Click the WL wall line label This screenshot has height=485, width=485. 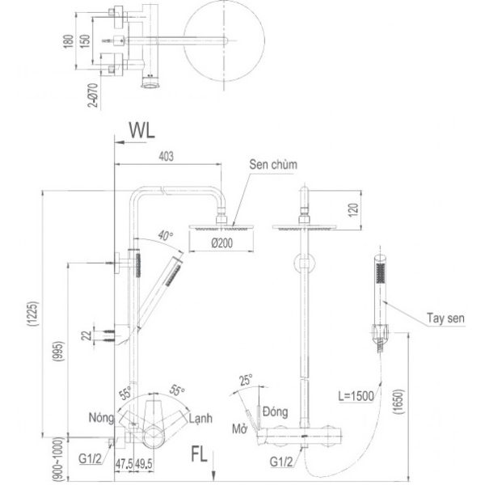click(142, 130)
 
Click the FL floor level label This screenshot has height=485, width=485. click(199, 454)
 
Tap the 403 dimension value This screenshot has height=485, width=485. click(166, 157)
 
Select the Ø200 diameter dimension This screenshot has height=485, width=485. click(222, 243)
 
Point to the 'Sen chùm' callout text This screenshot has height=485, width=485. click(273, 165)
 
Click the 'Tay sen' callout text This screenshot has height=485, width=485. click(445, 318)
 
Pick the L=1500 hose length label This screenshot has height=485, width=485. click(356, 396)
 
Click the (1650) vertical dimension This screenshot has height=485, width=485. click(399, 402)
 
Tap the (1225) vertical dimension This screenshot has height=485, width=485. click(33, 314)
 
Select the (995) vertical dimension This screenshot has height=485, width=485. click(59, 352)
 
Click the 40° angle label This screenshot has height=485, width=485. click(166, 236)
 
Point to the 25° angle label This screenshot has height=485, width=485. click(246, 380)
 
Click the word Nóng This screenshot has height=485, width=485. click(101, 418)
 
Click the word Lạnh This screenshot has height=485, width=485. click(200, 419)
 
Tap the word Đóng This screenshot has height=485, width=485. click(276, 411)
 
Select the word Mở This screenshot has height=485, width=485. click(240, 429)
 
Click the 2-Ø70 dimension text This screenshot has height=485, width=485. click(94, 95)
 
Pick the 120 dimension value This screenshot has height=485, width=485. click(353, 210)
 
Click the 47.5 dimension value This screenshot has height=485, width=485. click(124, 464)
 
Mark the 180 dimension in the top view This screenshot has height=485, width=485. click(69, 41)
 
